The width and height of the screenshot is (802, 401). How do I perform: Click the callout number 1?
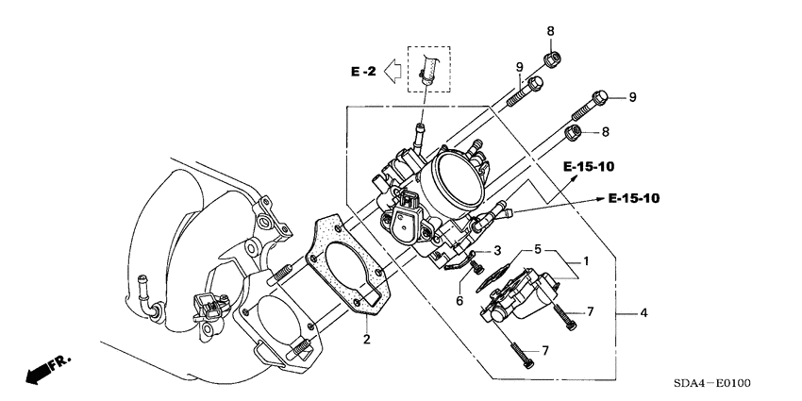[585, 261]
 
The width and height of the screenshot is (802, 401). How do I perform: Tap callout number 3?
[496, 252]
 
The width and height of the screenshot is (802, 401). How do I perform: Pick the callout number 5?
[537, 250]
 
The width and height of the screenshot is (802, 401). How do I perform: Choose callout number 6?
[459, 300]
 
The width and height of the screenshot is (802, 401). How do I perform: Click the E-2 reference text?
[363, 72]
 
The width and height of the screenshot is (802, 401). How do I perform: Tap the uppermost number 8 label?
[550, 31]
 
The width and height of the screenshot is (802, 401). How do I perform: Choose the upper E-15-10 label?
[590, 167]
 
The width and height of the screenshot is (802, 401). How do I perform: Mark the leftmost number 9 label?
[518, 66]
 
